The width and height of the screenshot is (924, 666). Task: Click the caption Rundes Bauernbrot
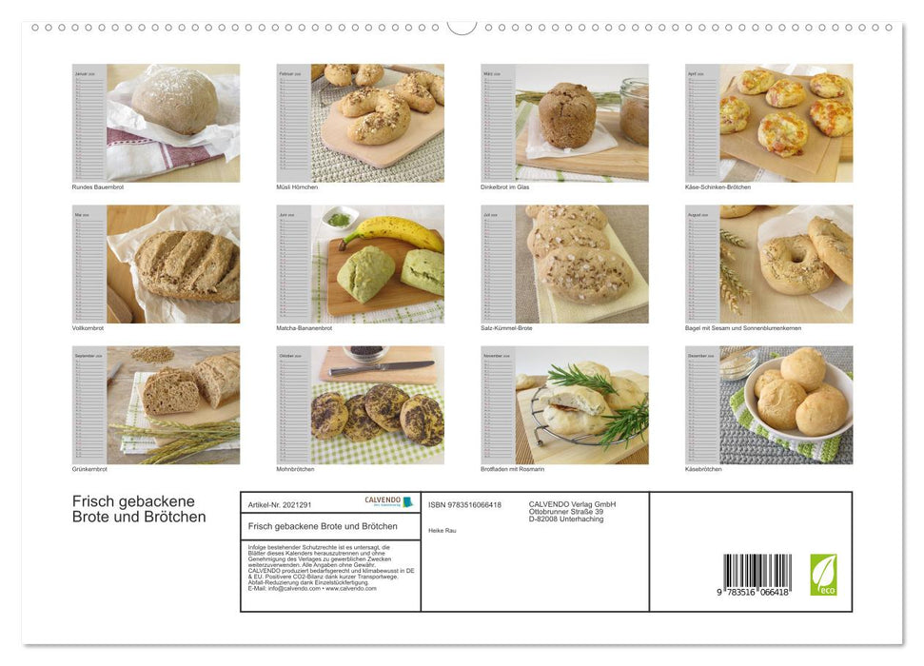click(98, 186)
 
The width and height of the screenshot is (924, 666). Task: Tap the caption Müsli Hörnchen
click(297, 186)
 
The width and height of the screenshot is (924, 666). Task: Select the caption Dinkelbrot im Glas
click(505, 186)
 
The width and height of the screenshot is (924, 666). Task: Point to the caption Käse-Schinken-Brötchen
click(718, 186)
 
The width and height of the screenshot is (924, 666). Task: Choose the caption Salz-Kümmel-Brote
click(506, 327)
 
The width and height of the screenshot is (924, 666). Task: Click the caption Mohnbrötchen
click(296, 469)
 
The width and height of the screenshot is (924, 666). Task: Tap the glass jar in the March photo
click(634, 111)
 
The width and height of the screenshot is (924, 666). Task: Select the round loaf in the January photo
click(173, 101)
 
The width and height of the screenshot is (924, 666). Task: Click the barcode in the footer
click(757, 575)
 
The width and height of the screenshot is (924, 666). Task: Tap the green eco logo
click(823, 575)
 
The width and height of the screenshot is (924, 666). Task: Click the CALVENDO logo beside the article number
click(389, 501)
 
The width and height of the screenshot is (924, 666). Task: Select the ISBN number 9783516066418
click(465, 505)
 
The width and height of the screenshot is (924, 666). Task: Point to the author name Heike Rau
click(442, 530)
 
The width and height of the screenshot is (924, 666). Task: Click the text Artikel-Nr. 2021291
click(279, 504)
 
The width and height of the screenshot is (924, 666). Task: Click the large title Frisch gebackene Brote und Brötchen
click(139, 509)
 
